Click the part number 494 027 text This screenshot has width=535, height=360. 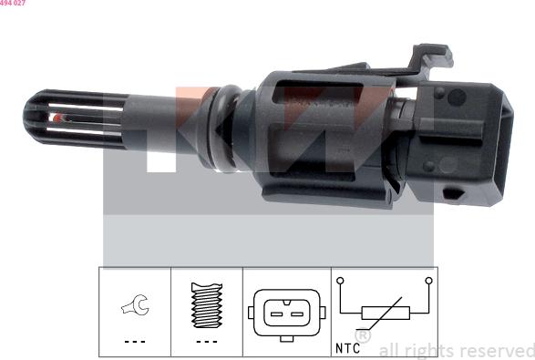coord(13,3)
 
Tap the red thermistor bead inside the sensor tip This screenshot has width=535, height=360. coord(58,118)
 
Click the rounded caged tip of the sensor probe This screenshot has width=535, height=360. coord(73,119)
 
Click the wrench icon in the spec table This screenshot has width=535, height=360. coord(136,304)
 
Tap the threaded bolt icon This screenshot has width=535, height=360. coord(207,305)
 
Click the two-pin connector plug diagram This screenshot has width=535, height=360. coord(286,314)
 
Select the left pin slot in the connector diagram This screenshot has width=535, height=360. coord(276,314)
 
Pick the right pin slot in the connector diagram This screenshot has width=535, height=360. coord(297,314)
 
